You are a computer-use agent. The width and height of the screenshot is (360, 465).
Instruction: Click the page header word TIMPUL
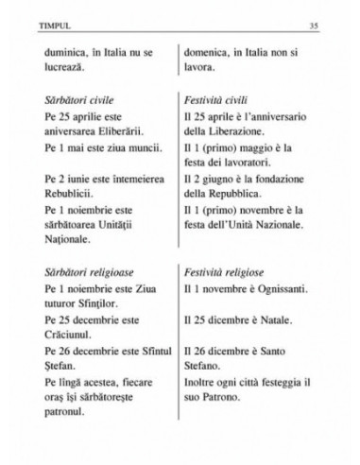pos(43,23)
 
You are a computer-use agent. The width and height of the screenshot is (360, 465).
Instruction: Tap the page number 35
pos(320,23)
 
